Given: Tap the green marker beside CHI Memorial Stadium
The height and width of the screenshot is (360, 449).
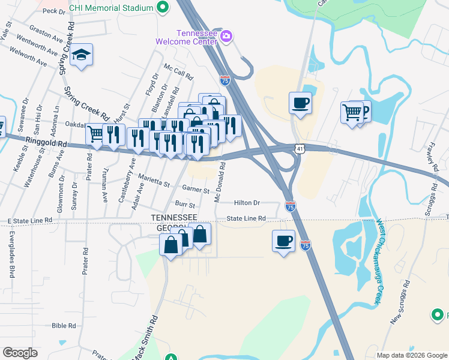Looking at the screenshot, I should [x=162, y=8].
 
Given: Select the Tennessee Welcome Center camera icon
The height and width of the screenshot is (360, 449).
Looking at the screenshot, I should [x=226, y=37].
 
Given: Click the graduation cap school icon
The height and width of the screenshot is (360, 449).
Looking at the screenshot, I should [x=81, y=56].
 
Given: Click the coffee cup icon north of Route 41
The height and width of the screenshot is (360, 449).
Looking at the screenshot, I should [x=300, y=103].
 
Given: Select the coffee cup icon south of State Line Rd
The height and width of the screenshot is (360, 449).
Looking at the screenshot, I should [x=284, y=242].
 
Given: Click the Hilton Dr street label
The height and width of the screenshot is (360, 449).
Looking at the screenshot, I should [x=247, y=203].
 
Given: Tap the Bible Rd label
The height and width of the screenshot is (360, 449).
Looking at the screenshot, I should [x=64, y=326].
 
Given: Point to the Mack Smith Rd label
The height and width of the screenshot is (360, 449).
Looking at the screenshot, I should [x=145, y=338].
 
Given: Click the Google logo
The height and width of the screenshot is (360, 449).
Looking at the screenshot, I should [x=20, y=353].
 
